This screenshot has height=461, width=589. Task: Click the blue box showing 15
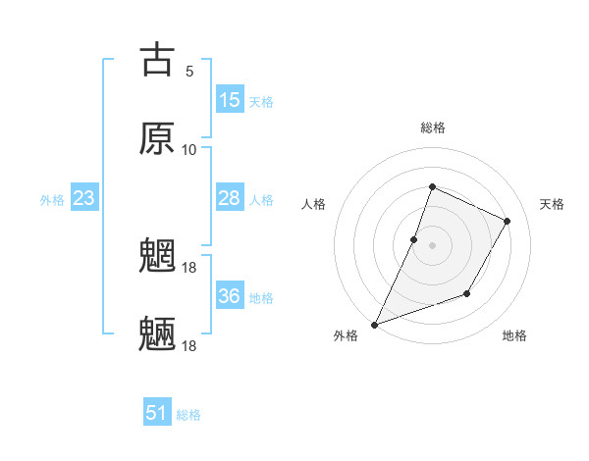point(230,100)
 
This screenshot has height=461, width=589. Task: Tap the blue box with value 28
point(230,198)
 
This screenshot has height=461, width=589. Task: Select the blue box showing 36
point(230,296)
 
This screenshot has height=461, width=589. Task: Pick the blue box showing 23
point(84,198)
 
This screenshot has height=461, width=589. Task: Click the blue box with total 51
point(157,413)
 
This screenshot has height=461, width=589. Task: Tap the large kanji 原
point(157,138)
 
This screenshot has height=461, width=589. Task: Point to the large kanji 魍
point(157,257)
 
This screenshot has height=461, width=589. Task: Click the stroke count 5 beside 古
point(189,72)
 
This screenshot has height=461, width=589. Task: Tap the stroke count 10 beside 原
point(189,150)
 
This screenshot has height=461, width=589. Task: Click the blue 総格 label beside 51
point(188,415)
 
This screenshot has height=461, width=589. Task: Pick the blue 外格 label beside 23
point(52,200)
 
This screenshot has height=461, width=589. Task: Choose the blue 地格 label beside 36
point(261,298)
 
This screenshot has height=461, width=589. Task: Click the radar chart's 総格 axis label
point(433,128)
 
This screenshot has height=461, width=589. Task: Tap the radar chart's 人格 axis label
point(314,204)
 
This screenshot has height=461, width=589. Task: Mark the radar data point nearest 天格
point(508,221)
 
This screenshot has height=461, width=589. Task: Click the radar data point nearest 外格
point(375,324)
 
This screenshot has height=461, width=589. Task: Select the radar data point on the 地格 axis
point(467,293)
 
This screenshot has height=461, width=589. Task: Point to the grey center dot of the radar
point(432,245)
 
